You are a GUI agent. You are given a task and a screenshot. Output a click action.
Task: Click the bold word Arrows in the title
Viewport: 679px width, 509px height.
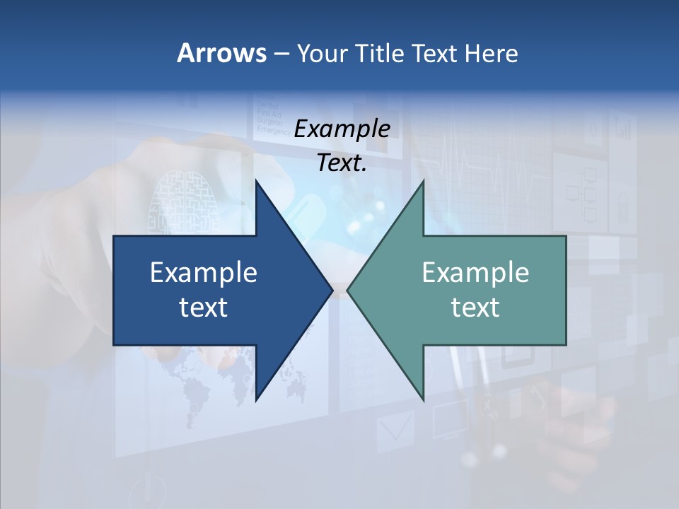click(x=221, y=53)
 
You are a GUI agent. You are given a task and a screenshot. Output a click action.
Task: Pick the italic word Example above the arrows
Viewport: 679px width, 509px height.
click(x=342, y=129)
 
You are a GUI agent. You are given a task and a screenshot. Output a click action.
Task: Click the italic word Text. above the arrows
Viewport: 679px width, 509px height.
click(x=342, y=163)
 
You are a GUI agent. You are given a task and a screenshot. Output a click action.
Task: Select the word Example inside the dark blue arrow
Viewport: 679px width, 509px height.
click(x=204, y=273)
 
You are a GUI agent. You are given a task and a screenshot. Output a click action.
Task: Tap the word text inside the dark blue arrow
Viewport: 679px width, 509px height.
click(x=204, y=307)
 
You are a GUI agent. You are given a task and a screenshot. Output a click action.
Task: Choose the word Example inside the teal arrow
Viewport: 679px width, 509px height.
click(x=475, y=273)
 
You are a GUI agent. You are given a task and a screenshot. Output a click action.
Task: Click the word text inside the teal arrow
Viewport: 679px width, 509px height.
click(x=475, y=307)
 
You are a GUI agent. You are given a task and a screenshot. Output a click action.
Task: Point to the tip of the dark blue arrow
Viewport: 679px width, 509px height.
click(x=332, y=290)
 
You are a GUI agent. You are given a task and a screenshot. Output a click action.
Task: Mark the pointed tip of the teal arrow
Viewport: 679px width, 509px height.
click(x=348, y=290)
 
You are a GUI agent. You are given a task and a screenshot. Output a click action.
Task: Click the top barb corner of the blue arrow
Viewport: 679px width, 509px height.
click(x=256, y=181)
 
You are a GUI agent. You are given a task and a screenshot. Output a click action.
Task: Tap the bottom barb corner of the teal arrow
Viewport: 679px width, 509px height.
click(x=423, y=399)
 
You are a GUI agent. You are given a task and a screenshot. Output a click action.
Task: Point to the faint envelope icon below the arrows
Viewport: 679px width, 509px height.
click(x=394, y=428)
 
